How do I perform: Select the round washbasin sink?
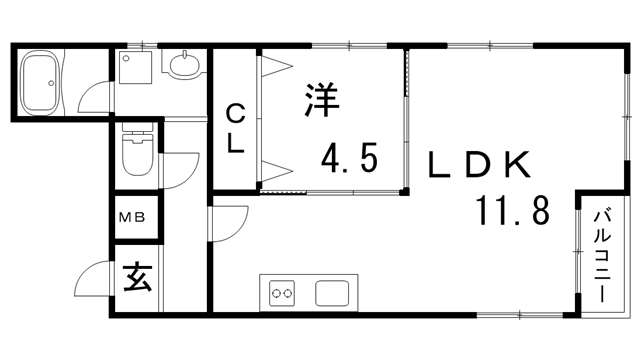(185, 67)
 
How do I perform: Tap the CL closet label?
(235, 127)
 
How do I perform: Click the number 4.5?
(348, 157)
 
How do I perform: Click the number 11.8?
(511, 212)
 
